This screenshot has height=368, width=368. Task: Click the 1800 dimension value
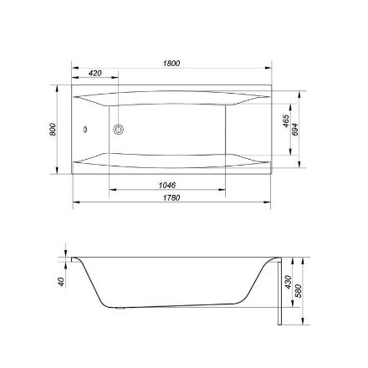[171, 64]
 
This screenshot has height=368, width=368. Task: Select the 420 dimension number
[95, 74]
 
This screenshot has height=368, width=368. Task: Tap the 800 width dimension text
[53, 130]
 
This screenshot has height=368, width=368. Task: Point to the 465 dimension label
[286, 120]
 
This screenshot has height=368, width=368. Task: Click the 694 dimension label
[294, 130]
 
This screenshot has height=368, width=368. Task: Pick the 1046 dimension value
[167, 185]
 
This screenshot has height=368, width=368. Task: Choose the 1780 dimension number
[171, 197]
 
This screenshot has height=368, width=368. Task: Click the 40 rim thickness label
[62, 282]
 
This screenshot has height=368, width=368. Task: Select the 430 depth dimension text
[288, 282]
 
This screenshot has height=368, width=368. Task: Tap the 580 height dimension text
[299, 291]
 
